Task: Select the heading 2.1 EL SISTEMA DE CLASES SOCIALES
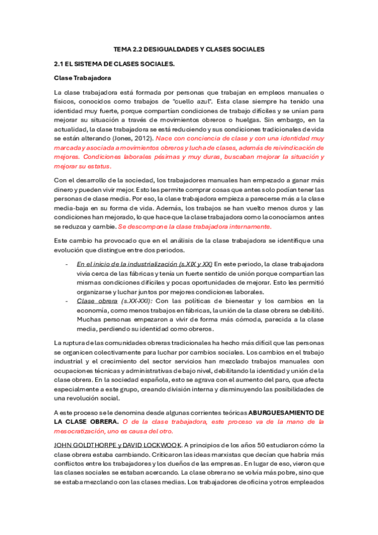click(x=114, y=64)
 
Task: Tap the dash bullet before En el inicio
click(x=67, y=264)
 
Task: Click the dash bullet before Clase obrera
click(x=67, y=302)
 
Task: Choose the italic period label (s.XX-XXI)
click(x=130, y=302)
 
